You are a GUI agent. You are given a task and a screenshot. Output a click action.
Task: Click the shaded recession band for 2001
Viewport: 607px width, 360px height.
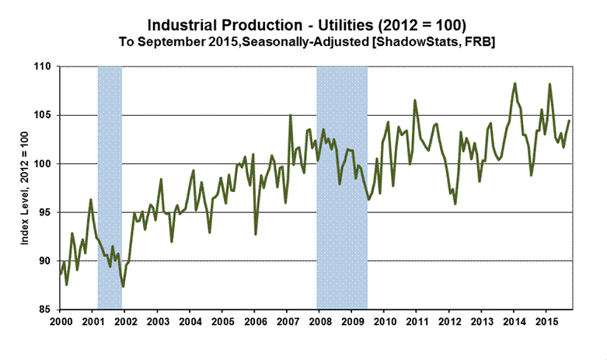coord(109,187)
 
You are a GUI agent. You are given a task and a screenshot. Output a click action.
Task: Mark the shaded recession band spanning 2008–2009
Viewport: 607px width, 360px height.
coord(342,187)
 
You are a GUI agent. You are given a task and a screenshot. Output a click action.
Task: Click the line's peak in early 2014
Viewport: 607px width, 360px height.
coord(515,83)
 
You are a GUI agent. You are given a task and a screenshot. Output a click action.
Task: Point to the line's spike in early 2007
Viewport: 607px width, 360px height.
coord(290,116)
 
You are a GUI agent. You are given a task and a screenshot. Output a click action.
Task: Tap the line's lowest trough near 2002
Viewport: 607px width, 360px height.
coord(123,287)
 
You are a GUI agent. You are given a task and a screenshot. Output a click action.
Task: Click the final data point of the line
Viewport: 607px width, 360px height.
coord(570,121)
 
